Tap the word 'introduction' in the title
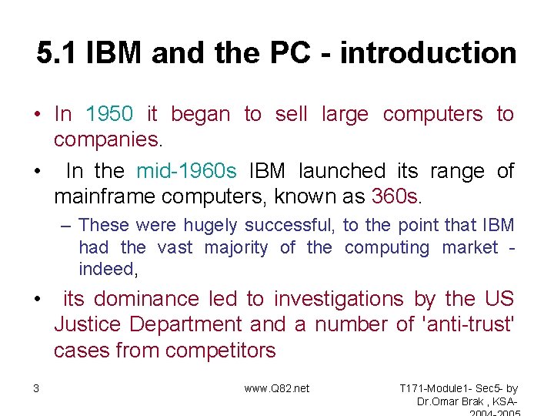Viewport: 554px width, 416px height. coord(428,53)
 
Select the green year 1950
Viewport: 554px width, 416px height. coord(109,114)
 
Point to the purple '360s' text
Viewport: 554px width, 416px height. coord(395,196)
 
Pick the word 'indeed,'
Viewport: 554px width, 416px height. coord(107,269)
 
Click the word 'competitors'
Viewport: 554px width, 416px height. coord(220,351)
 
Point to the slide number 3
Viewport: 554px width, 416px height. coord(36,388)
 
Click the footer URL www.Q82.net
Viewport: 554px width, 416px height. coord(276,388)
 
